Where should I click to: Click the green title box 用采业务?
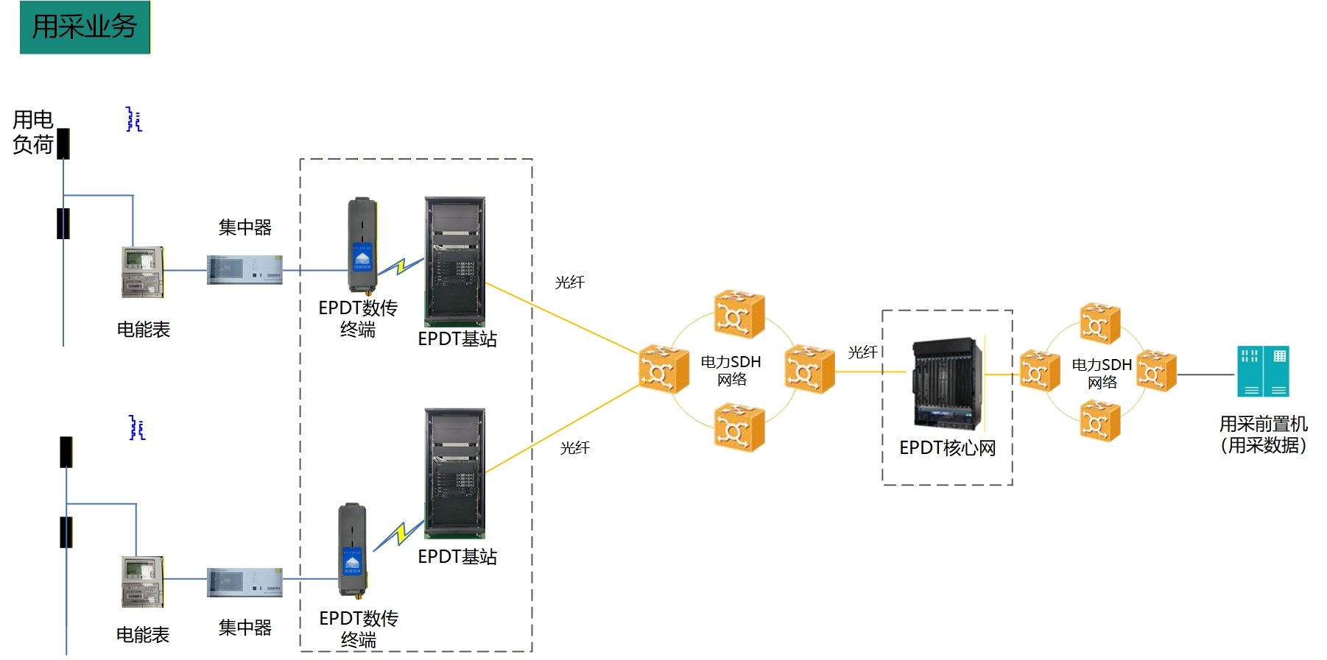(x=85, y=27)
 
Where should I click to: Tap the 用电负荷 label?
(x=33, y=132)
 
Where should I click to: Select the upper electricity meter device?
(x=142, y=272)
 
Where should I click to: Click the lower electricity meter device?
(x=142, y=581)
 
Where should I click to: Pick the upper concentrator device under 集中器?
(x=244, y=270)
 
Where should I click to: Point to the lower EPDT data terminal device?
(x=352, y=549)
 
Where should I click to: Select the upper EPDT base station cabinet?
(x=455, y=261)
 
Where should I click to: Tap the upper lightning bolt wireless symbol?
(x=401, y=266)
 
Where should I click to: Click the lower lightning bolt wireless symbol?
(x=399, y=534)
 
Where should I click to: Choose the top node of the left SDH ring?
(x=739, y=315)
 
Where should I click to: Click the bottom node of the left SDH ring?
(x=739, y=427)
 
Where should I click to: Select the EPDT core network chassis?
(x=947, y=383)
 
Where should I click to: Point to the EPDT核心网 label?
(x=947, y=448)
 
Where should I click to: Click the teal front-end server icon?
(x=1263, y=372)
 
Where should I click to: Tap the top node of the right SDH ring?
(x=1100, y=324)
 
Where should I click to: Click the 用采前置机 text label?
(x=1263, y=434)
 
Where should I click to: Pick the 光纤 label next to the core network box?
(x=862, y=352)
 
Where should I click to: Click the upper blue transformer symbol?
(x=133, y=119)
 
